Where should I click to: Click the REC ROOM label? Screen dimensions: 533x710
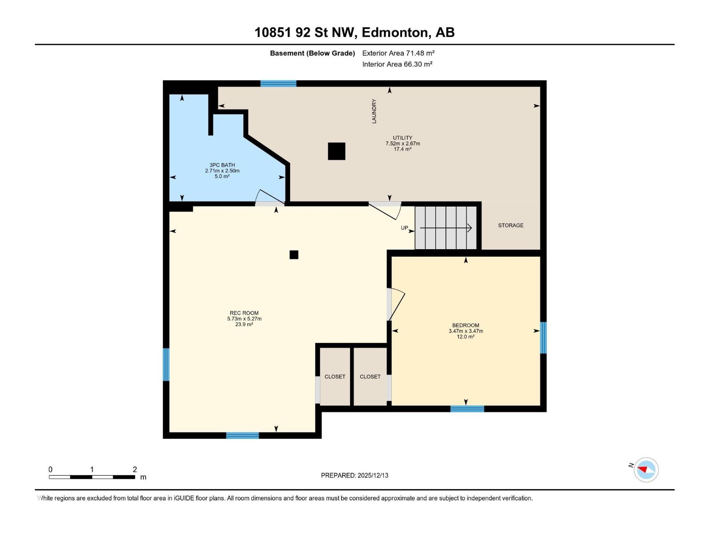(244, 313)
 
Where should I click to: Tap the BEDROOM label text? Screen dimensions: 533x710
(465, 325)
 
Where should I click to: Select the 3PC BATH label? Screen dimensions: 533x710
(222, 165)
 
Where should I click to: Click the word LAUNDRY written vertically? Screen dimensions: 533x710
(374, 111)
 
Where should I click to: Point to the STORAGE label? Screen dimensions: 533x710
(510, 225)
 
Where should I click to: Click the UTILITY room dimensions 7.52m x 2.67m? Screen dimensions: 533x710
(402, 143)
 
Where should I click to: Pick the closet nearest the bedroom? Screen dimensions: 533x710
(370, 376)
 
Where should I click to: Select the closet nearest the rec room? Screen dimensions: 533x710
(335, 376)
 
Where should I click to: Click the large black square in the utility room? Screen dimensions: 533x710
(336, 151)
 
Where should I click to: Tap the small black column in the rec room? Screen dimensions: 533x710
(294, 255)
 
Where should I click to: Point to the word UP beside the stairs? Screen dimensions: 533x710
(404, 228)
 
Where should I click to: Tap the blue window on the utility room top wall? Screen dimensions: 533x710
(278, 84)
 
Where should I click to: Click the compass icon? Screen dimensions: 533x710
(646, 469)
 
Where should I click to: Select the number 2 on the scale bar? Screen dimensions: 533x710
(135, 469)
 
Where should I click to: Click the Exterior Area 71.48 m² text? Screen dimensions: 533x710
(398, 53)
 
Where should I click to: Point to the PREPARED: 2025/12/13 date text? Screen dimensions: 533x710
(355, 475)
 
